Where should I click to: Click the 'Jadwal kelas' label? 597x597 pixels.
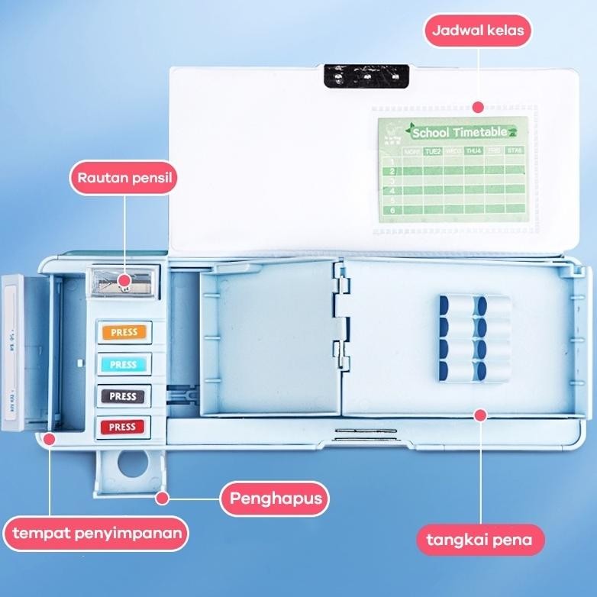(477, 32)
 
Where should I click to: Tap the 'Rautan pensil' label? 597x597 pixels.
(123, 179)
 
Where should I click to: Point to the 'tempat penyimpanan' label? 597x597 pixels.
(95, 533)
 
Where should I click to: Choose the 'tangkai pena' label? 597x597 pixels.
(480, 541)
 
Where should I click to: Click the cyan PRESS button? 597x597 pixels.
(124, 364)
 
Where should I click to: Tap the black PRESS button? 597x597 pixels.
(124, 396)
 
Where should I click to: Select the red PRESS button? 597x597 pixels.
(124, 427)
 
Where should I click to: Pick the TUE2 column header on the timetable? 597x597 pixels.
(433, 151)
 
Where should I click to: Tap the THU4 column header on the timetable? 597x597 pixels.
(473, 151)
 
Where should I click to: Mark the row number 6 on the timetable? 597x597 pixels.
(392, 209)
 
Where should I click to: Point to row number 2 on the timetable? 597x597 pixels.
(392, 171)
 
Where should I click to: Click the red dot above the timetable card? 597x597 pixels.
(477, 107)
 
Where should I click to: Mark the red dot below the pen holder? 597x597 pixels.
(480, 415)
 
